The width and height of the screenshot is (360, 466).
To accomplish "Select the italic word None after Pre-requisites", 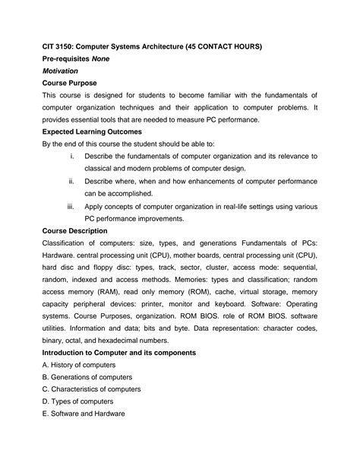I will coord(103,59).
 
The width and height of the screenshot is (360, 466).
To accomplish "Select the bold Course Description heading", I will coord(74,230).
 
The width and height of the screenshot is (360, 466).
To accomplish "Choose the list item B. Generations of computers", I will coord(87,377).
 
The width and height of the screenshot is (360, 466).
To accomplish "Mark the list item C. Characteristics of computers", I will coord(91,389).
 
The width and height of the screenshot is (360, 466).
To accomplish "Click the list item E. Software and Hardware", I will coord(83,414).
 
